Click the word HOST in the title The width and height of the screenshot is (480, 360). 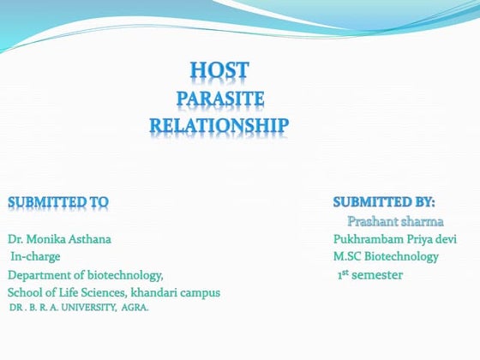click(219, 70)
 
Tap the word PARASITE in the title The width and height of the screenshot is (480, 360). click(219, 99)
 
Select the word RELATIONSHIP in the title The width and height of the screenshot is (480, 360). click(219, 127)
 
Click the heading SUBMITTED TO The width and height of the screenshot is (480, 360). click(58, 202)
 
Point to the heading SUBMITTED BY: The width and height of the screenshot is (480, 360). click(384, 202)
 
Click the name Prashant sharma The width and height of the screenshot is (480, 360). click(395, 221)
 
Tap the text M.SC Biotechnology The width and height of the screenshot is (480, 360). click(387, 256)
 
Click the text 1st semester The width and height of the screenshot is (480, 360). click(369, 274)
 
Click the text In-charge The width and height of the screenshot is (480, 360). click(35, 256)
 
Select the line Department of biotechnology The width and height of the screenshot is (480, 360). click(85, 275)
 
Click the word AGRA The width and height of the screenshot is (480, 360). click(135, 306)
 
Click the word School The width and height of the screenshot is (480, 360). click(24, 293)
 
